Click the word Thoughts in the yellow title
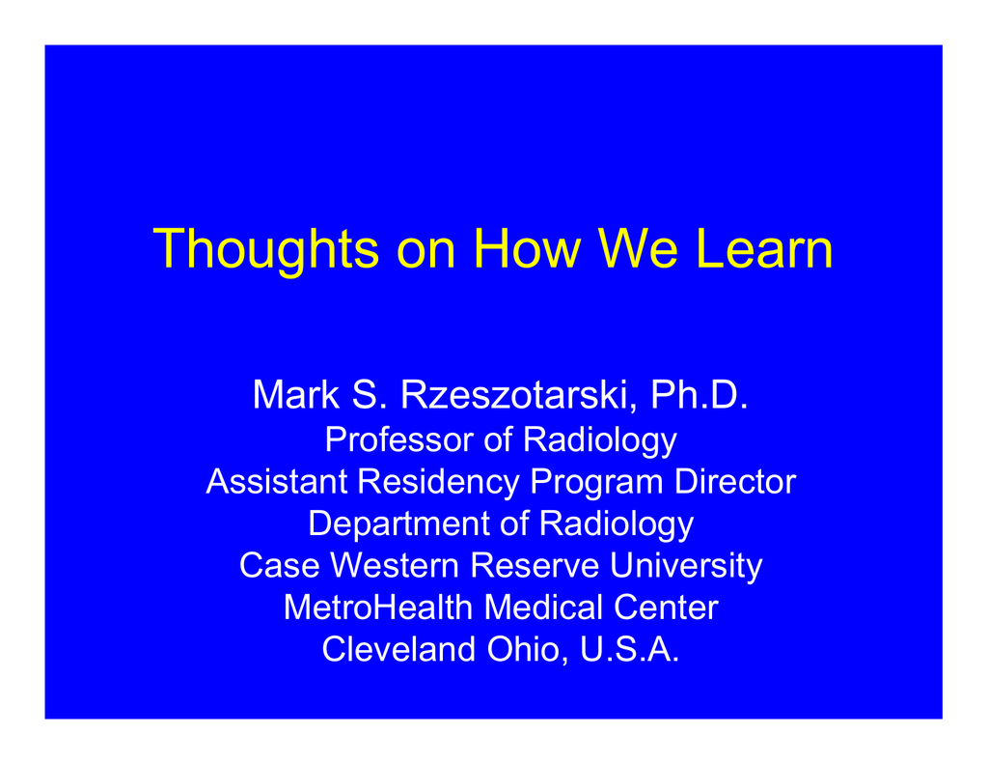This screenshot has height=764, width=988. [265, 250]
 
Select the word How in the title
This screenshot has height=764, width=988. [527, 248]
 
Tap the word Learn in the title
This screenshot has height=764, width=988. [764, 248]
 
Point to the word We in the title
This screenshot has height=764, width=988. [638, 248]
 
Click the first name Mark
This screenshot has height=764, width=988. [296, 395]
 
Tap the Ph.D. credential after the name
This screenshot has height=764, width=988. [699, 395]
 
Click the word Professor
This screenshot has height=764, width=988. [398, 439]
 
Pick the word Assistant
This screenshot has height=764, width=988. [277, 481]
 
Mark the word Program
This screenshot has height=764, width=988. [596, 483]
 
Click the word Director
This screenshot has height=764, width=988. [734, 481]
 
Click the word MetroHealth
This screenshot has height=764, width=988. [378, 608]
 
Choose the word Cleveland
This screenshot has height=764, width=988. [398, 649]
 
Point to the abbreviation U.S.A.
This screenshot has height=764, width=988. [629, 649]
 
